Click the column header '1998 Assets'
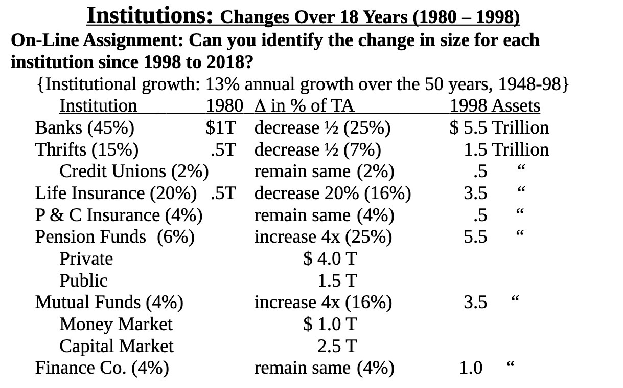click(494, 105)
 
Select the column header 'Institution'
click(98, 105)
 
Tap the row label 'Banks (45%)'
click(84, 127)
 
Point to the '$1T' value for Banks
click(220, 127)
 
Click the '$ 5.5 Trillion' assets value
click(499, 127)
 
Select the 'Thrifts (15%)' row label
click(86, 149)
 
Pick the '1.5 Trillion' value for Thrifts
click(506, 149)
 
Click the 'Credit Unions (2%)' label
click(134, 171)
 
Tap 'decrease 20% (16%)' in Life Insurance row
click(332, 193)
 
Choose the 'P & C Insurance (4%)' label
click(119, 215)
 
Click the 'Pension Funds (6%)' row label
click(114, 237)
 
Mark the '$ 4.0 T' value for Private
click(330, 259)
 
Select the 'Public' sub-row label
click(83, 281)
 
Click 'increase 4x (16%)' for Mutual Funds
click(323, 303)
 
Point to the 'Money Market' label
click(116, 324)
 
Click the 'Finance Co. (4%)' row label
click(102, 368)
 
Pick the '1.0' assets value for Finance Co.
click(470, 368)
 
